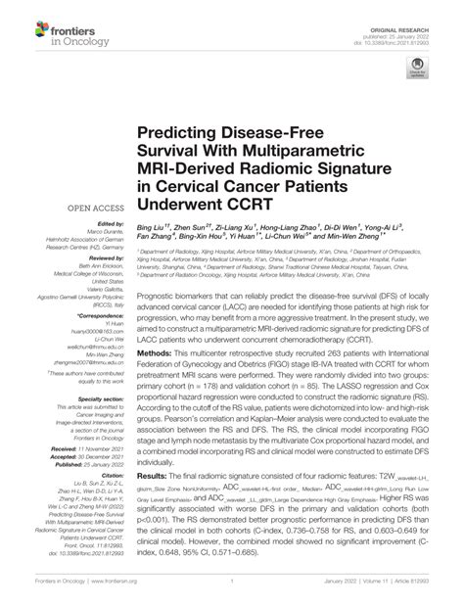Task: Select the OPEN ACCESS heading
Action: coord(88,209)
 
